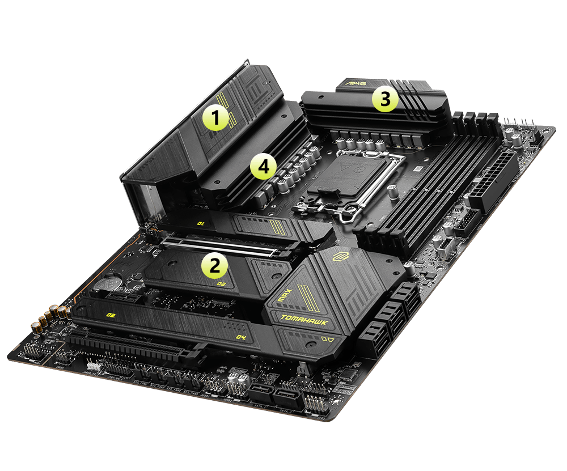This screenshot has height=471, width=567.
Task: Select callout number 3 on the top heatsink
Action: (x=385, y=100)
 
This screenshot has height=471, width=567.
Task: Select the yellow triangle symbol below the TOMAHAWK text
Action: (x=328, y=341)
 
